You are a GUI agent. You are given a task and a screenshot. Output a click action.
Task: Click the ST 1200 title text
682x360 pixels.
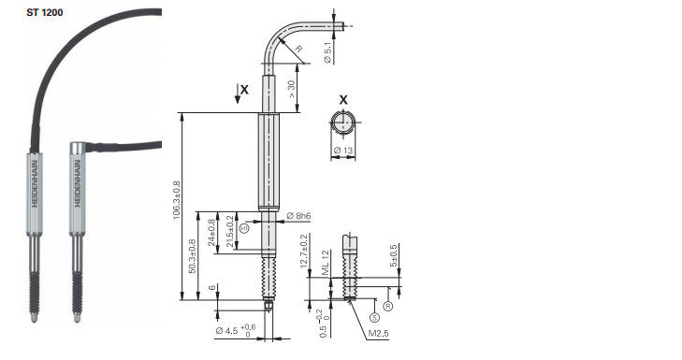(44, 12)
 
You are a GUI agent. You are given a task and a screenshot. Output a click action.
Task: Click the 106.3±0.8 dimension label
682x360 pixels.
(177, 199)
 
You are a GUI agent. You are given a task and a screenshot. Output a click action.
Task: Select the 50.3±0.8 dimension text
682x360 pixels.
(192, 256)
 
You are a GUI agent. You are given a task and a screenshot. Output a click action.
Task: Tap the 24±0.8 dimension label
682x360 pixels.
(211, 232)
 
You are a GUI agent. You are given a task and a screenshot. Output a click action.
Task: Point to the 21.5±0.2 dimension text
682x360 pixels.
(230, 231)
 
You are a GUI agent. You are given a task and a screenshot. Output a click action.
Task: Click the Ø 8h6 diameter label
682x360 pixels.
(298, 216)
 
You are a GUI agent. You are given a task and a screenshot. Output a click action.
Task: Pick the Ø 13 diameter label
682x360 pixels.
(343, 151)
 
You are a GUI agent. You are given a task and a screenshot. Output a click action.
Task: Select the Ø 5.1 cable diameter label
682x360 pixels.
(328, 52)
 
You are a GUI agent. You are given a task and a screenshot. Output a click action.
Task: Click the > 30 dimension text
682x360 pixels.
(291, 89)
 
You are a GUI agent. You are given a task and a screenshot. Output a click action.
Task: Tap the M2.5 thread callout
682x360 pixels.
(378, 334)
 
